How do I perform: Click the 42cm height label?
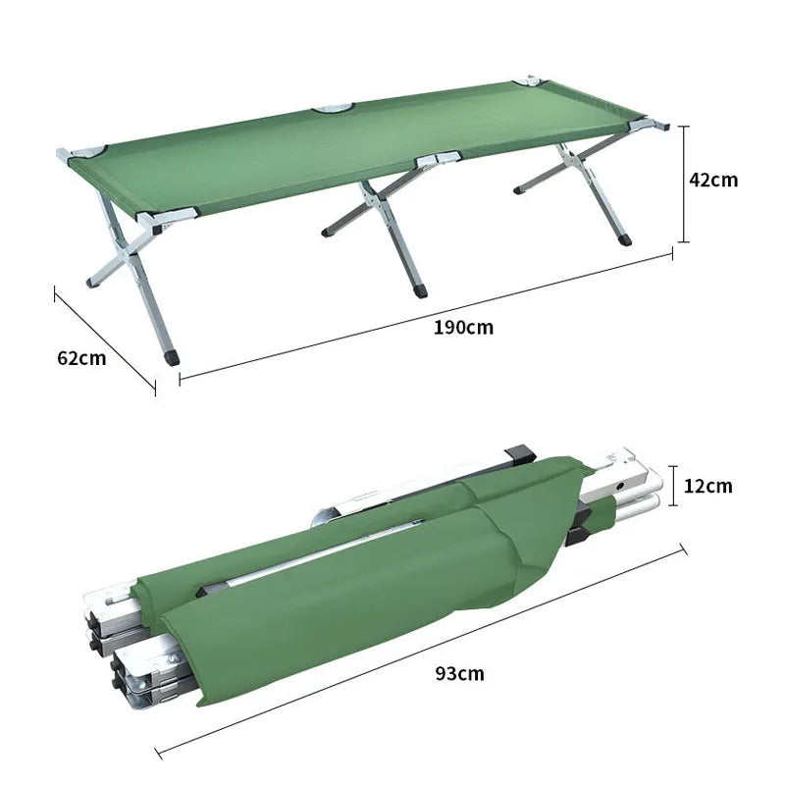(713, 180)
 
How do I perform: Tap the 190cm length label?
(463, 327)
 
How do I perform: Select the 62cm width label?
(81, 358)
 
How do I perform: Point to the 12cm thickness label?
(707, 486)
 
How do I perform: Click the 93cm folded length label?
(459, 673)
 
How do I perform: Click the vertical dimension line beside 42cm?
(685, 183)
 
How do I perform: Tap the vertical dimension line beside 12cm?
(673, 486)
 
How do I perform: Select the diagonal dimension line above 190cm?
(425, 314)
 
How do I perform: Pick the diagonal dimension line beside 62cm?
(105, 340)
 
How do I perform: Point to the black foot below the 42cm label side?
(625, 238)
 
